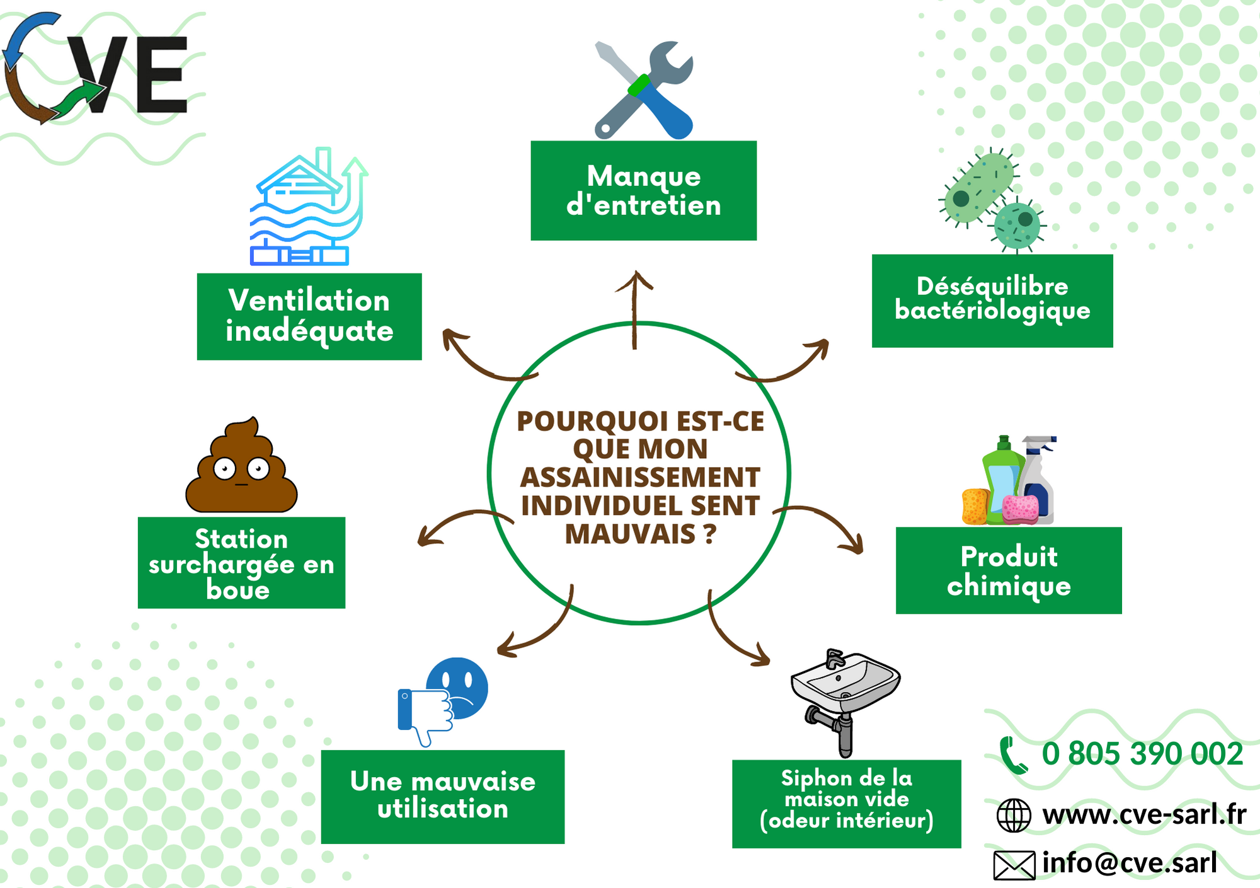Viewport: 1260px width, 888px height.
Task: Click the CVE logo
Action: (x=94, y=68)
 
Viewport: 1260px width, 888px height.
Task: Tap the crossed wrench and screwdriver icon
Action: (x=643, y=89)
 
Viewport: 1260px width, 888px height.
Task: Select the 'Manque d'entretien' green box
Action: (x=643, y=190)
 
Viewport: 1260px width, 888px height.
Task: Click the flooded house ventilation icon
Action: (x=309, y=206)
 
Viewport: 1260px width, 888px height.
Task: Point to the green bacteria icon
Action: (x=992, y=200)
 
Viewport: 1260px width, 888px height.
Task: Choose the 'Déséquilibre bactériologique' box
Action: (x=992, y=301)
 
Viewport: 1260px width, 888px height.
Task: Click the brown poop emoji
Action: (x=241, y=464)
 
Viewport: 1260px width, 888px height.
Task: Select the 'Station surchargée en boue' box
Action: (x=241, y=563)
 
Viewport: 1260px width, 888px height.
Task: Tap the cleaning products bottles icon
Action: (x=1009, y=480)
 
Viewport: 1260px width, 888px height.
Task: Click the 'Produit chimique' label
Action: (x=1009, y=570)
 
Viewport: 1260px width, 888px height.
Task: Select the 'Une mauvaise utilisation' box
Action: (x=443, y=797)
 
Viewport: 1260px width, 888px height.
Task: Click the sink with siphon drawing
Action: (x=845, y=703)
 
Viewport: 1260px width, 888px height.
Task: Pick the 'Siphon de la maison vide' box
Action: (x=847, y=804)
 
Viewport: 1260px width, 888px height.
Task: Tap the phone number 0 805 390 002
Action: (x=1142, y=754)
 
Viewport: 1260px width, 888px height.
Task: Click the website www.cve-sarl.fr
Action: (x=1144, y=814)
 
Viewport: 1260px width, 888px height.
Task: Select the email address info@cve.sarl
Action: (x=1130, y=862)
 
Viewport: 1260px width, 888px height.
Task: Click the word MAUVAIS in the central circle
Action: (x=630, y=534)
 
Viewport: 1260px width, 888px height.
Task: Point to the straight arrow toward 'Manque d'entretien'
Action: (x=634, y=309)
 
